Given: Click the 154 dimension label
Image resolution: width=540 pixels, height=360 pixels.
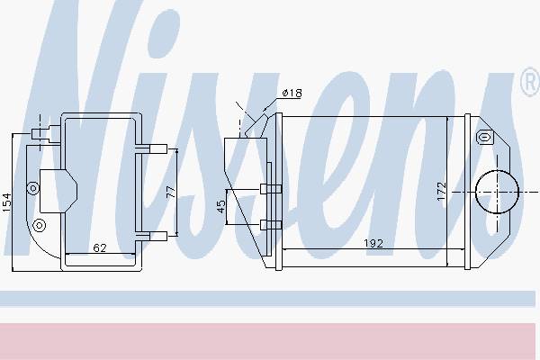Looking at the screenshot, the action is coord(7,202).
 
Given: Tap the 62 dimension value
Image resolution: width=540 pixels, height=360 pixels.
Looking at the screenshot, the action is coord(100,247).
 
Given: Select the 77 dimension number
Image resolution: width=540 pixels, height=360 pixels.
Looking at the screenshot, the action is coord(171,192).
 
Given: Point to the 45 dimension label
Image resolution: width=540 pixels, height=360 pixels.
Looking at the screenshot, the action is coord(221,206).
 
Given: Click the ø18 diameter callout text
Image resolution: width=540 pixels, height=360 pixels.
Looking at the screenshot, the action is coord(292,93).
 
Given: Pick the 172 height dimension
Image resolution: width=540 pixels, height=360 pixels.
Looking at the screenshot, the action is coord(441,191).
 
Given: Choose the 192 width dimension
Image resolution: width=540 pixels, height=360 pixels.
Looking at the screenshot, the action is coord(373,244).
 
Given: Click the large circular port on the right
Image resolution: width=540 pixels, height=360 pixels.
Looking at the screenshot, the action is coord(497,192).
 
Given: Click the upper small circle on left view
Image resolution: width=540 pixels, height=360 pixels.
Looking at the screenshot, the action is coord(33,188).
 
